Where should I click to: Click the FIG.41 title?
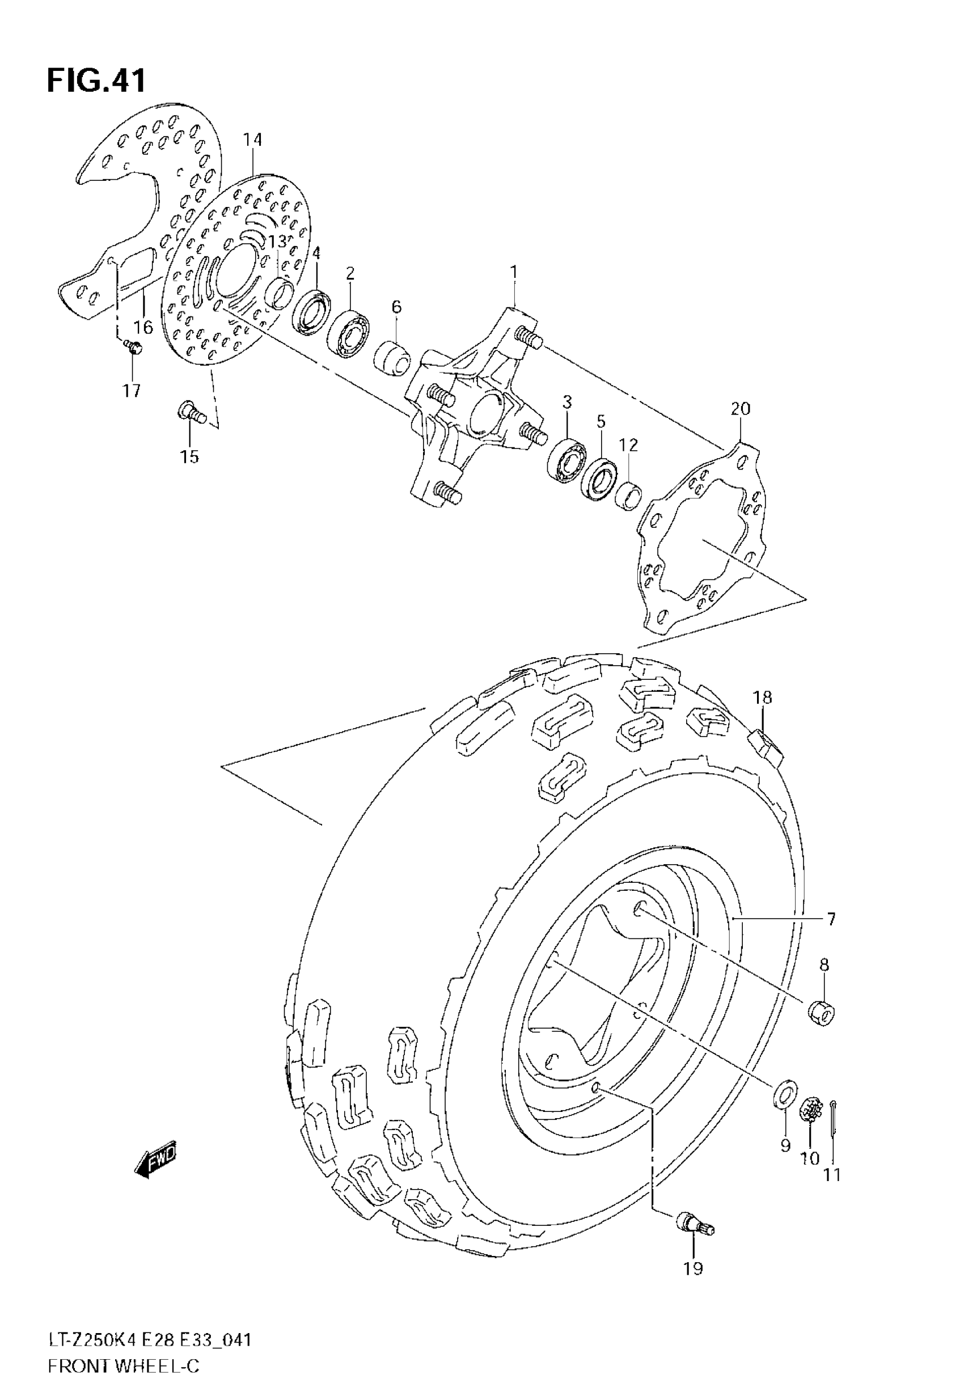(x=96, y=81)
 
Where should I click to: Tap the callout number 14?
(x=253, y=140)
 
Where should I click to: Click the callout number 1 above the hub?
(x=513, y=272)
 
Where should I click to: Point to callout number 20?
(x=741, y=409)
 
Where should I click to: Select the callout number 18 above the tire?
(x=762, y=697)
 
